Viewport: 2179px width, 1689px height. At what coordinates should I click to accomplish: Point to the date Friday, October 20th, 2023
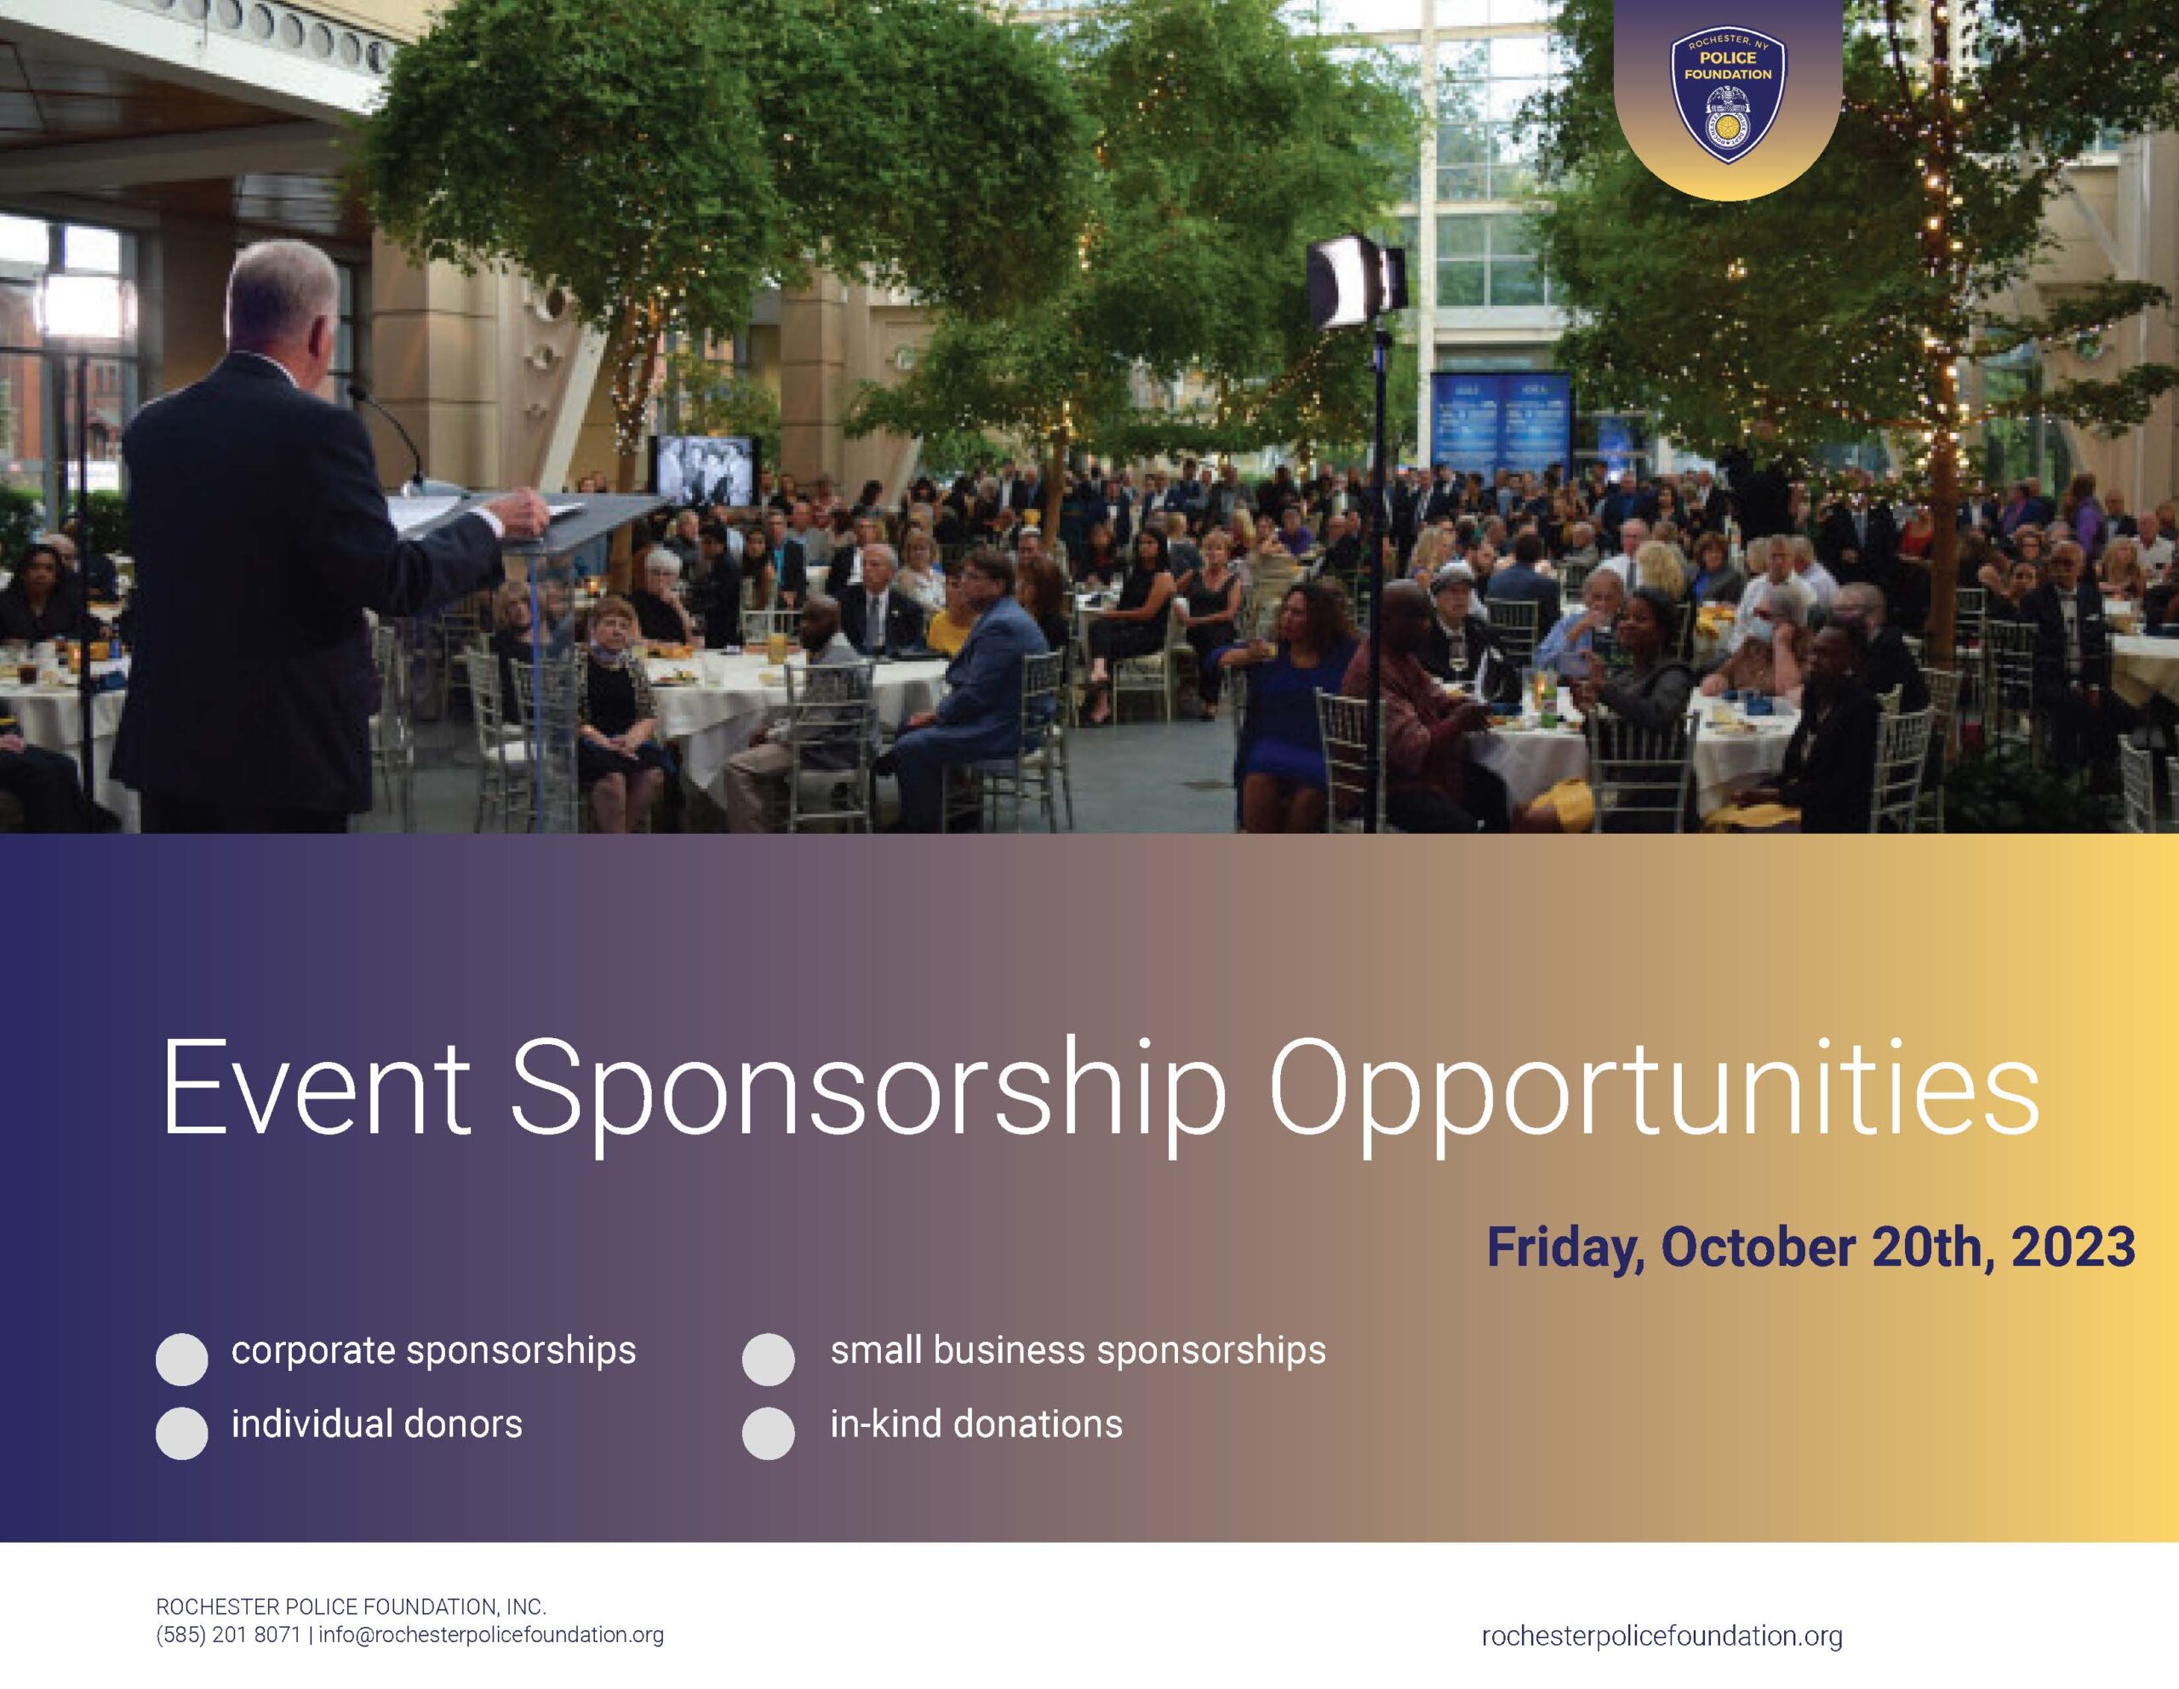coord(1810,1247)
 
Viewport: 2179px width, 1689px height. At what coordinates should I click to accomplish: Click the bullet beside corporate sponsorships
coord(181,1359)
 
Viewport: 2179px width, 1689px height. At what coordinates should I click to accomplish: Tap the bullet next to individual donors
coord(181,1433)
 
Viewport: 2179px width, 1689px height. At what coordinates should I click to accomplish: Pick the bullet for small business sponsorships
coord(769,1359)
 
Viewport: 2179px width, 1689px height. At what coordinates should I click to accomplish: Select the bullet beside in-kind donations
coord(769,1433)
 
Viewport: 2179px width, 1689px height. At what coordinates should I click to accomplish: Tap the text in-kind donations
coord(975,1424)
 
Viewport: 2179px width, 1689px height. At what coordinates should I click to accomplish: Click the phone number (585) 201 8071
coord(228,1635)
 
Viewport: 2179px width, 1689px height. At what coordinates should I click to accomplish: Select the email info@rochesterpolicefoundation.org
coord(491,1635)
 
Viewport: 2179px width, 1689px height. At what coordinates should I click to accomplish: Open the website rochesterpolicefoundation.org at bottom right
coord(1662,1636)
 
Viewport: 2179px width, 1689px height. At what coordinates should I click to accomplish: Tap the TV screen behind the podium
coord(702,470)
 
